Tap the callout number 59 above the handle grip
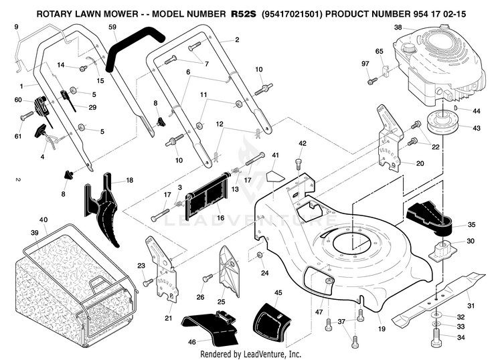click(x=112, y=27)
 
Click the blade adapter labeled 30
click(x=441, y=250)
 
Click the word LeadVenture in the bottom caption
click(x=274, y=354)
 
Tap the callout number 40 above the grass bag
click(x=44, y=220)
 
